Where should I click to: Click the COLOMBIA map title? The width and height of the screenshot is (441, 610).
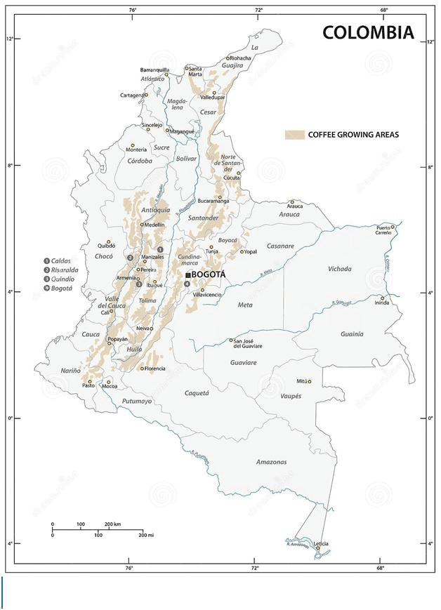point(367,33)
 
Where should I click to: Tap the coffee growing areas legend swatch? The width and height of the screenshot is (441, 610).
point(294,134)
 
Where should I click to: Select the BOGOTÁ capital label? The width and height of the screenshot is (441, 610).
point(209,274)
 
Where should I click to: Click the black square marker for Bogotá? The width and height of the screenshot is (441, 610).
point(187,275)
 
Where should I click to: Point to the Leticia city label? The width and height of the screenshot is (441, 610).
point(321,544)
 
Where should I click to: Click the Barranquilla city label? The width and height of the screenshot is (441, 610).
point(154,70)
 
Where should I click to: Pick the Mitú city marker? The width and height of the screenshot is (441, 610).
point(308,381)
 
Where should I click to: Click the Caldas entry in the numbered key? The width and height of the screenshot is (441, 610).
point(60,260)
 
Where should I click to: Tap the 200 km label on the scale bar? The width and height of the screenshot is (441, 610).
point(112,524)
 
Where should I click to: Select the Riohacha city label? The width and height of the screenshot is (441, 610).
point(239,58)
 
